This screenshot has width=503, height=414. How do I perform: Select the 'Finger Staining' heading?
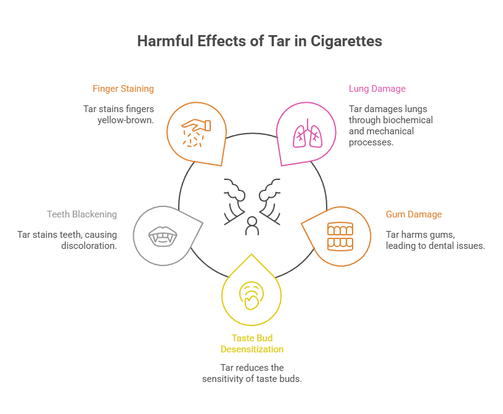pos(123,89)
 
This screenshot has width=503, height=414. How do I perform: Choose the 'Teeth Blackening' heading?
pos(82,214)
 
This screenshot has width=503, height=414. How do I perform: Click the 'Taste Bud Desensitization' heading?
pos(252,343)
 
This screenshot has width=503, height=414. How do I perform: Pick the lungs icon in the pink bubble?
pos(308,134)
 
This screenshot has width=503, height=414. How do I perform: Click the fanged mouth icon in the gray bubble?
pos(163,235)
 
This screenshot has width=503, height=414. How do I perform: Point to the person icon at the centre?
pos(251,226)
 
